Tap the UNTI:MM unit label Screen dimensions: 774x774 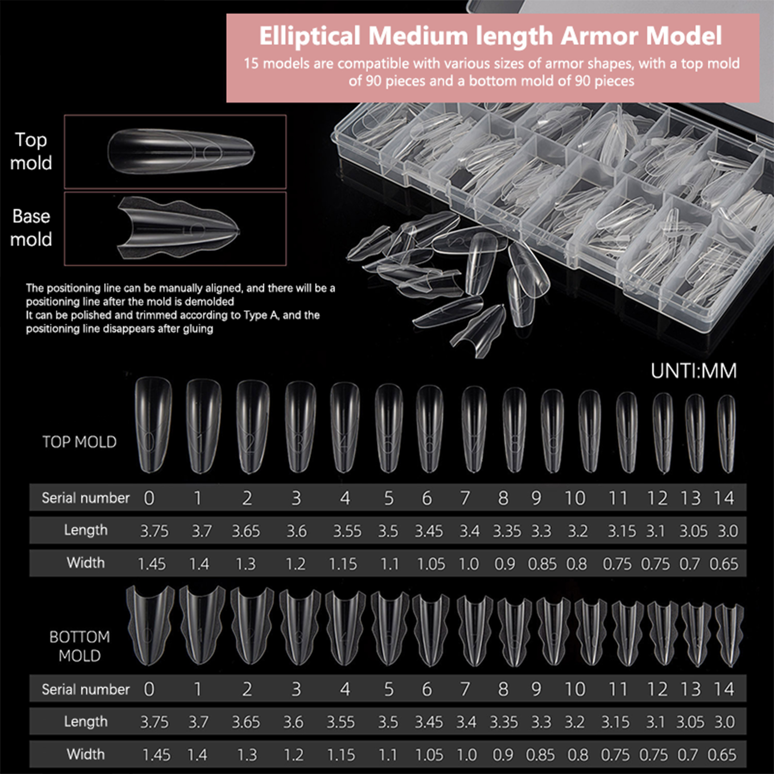[693, 371]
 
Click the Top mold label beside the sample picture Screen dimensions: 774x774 [31, 151]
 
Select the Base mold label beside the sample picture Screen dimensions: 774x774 [31, 228]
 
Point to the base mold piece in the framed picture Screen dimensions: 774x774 [178, 228]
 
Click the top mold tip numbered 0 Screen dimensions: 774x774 [153, 426]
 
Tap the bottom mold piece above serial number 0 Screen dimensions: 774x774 [150, 625]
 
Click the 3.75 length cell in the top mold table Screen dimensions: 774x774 [154, 531]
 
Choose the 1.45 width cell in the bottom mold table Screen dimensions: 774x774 [156, 755]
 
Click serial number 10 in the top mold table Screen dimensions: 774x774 [575, 498]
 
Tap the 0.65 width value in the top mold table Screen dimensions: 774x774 [724, 564]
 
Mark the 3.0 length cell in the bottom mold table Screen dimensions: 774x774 [725, 722]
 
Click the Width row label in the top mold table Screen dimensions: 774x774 [86, 563]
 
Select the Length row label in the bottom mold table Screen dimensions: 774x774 [86, 721]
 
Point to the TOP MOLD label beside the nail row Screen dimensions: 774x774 [79, 442]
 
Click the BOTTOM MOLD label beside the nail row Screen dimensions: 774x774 [79, 646]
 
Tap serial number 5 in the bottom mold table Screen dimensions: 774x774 [388, 689]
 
